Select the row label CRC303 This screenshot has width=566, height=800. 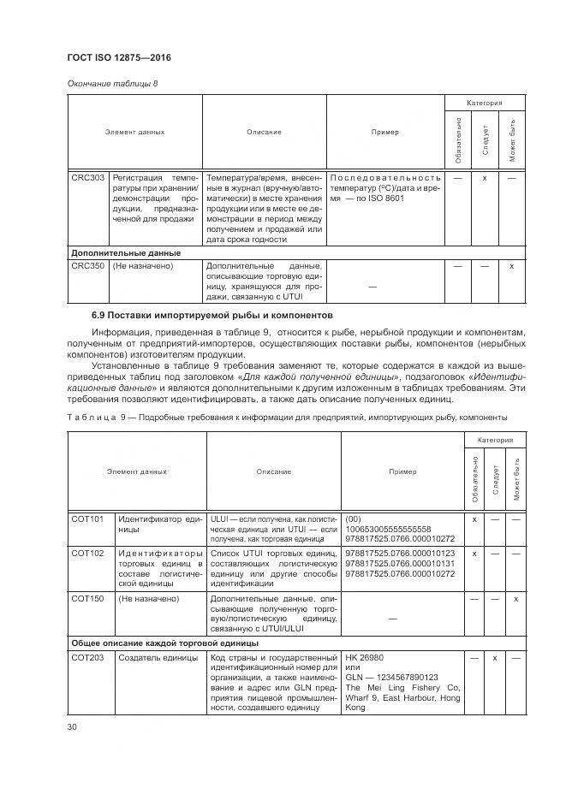tap(87, 178)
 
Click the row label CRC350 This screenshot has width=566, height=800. tap(87, 266)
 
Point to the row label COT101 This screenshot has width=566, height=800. tap(87, 519)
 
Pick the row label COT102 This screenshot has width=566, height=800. tap(87, 554)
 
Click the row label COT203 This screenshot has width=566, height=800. tap(87, 657)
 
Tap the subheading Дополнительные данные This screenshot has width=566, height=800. tap(125, 253)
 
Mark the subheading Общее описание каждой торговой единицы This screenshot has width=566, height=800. tap(164, 643)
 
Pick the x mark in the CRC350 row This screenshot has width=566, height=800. tap(511, 266)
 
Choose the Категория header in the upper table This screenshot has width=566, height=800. tap(484, 103)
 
